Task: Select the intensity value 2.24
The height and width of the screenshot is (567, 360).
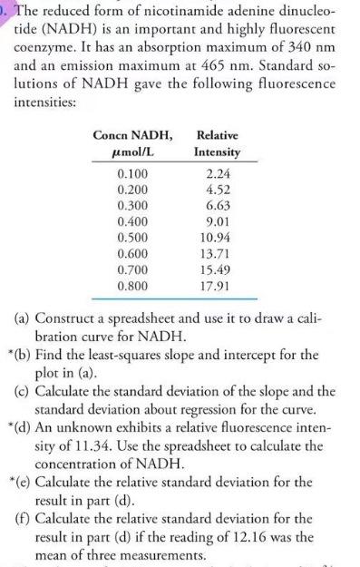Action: (218, 173)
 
